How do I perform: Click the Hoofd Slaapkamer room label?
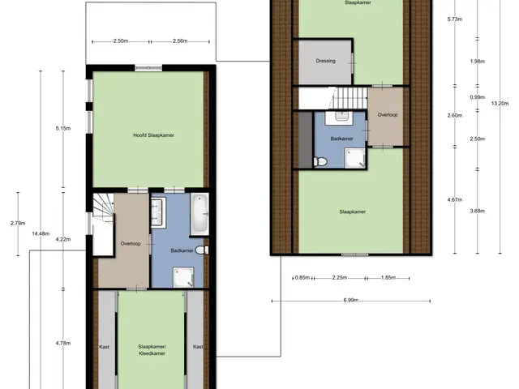(153, 135)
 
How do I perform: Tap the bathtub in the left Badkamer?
(199, 214)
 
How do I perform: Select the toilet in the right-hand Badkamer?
(320, 162)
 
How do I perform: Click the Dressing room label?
(326, 61)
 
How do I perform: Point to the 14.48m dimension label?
(41, 233)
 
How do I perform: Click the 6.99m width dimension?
(351, 301)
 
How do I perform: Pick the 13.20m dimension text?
(500, 103)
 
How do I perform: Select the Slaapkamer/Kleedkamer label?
(152, 350)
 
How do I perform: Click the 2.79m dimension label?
(18, 223)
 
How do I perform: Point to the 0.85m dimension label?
(302, 277)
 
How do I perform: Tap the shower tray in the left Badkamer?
(184, 277)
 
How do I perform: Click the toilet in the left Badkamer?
(202, 250)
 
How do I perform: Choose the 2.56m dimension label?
(180, 41)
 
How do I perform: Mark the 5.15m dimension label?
(63, 128)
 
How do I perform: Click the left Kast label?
(105, 347)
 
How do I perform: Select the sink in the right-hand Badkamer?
(341, 118)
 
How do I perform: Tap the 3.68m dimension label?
(478, 211)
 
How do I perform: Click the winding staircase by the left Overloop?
(103, 208)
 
